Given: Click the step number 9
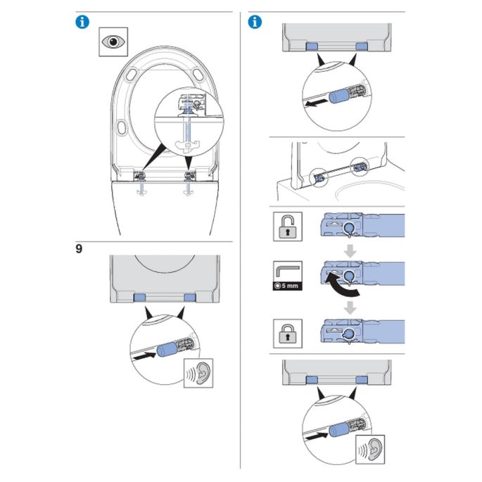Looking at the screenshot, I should (x=79, y=249).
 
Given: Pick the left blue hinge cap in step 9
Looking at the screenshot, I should (x=140, y=298).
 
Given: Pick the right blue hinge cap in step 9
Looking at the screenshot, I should (x=188, y=298).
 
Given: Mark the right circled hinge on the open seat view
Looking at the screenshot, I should (x=360, y=166).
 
